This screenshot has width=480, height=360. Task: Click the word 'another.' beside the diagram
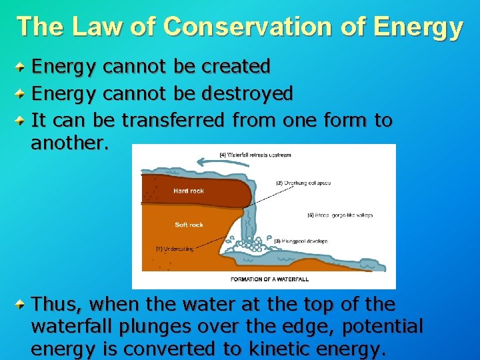[x=69, y=143]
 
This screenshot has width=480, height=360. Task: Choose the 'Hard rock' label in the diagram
[x=189, y=191]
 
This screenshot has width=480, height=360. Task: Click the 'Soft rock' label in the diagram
[x=189, y=225]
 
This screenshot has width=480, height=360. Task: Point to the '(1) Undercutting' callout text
[x=175, y=249]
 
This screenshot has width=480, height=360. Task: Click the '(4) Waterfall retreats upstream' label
[x=255, y=155]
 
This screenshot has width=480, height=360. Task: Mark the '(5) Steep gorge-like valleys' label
[x=339, y=215]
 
